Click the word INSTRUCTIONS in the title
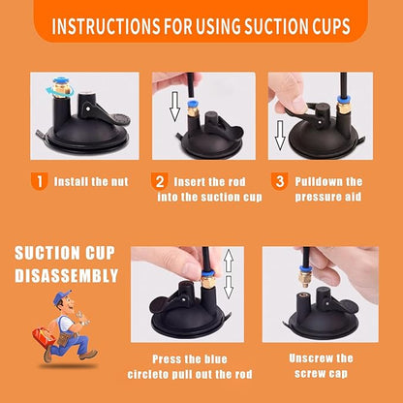click(x=107, y=26)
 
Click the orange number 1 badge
click(x=40, y=181)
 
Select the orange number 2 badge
click(x=160, y=181)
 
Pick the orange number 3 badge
click(x=279, y=181)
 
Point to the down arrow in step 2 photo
click(x=175, y=107)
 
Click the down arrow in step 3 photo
click(x=280, y=136)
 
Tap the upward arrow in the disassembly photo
click(x=229, y=261)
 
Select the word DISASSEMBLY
click(x=67, y=275)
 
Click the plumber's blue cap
click(x=62, y=297)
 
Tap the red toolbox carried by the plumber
click(x=43, y=335)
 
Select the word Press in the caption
click(x=165, y=359)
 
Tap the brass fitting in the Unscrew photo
click(x=305, y=278)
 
